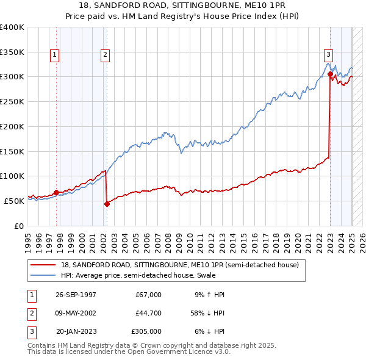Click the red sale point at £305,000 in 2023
330,74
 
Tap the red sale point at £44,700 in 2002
107,204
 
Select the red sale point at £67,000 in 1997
56,192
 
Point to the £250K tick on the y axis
12,101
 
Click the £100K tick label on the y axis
12,176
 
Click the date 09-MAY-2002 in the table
76,313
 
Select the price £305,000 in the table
146,331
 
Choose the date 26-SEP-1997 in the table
76,295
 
